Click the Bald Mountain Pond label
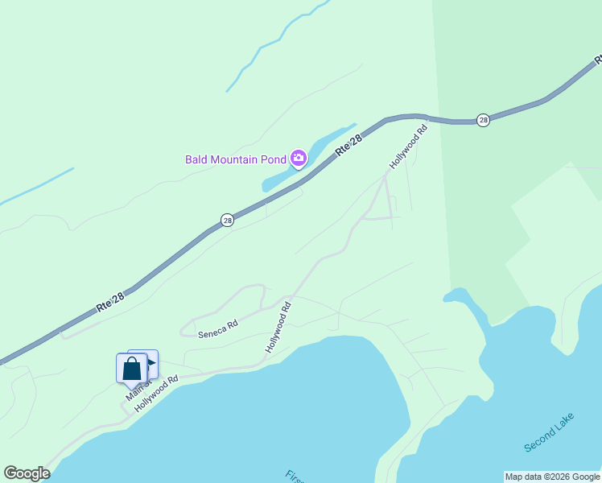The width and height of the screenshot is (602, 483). [x=236, y=159]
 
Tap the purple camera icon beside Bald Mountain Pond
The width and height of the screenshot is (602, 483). [x=299, y=158]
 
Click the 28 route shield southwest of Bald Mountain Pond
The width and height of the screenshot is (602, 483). [x=228, y=220]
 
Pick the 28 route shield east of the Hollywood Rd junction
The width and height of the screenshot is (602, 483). [x=483, y=120]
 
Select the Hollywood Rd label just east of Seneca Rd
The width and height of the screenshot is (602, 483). [x=278, y=325]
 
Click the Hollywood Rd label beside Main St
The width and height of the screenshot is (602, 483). [x=156, y=394]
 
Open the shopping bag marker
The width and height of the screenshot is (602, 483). [x=132, y=369]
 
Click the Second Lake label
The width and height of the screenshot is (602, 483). [x=549, y=432]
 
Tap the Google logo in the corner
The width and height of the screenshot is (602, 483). [x=27, y=473]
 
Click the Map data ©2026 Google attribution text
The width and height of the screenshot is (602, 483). [x=552, y=477]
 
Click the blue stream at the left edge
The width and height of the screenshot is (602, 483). [x=36, y=185]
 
